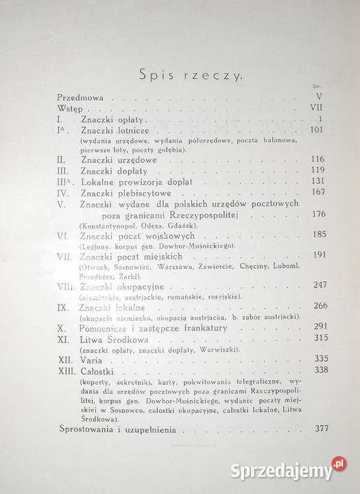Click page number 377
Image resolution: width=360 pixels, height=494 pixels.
click(316, 429)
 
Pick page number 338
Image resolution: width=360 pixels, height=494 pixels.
click(315, 369)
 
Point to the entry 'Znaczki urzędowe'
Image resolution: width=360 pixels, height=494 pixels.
click(115, 158)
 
